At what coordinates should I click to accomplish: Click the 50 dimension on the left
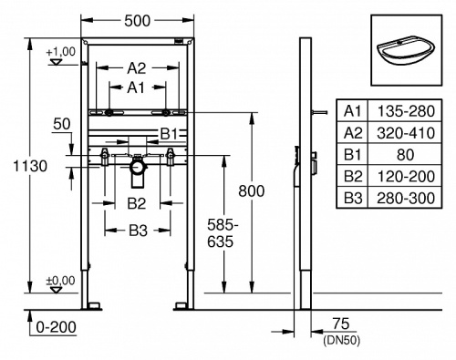pyautogui.click(x=62, y=124)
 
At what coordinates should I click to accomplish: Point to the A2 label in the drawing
pyautogui.click(x=136, y=67)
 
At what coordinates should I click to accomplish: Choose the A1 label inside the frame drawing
pyautogui.click(x=136, y=87)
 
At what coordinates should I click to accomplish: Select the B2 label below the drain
pyautogui.click(x=137, y=201)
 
